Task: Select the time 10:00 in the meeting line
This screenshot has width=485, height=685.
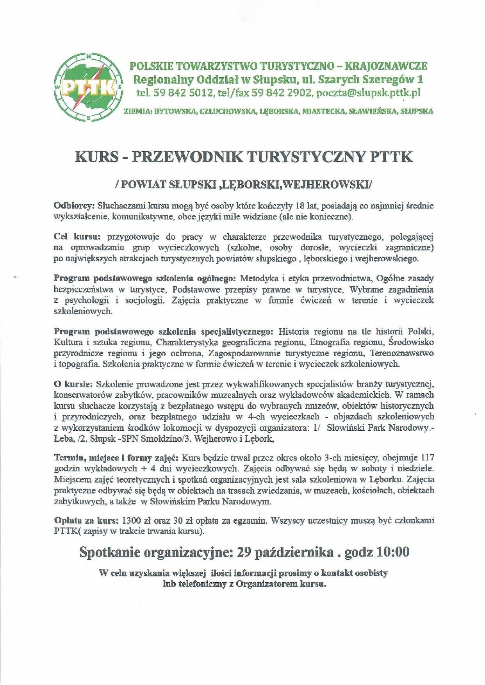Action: tap(393, 552)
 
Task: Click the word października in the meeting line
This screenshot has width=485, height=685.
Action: tap(292, 552)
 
